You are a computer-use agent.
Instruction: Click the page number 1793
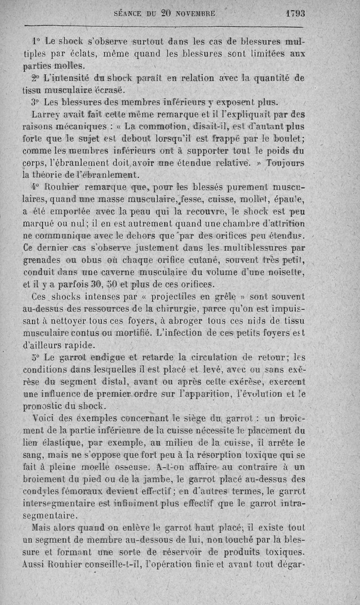[x=295, y=14]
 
